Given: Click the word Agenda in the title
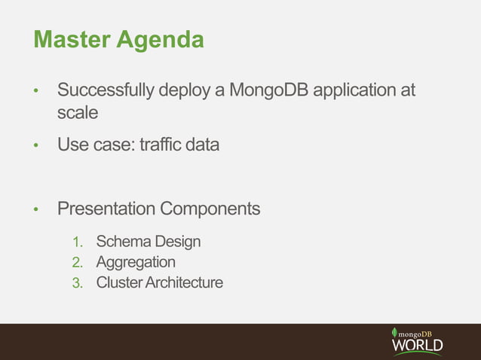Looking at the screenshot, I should click(x=160, y=39).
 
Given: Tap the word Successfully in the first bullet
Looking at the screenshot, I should click(x=106, y=92).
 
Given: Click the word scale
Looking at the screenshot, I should click(x=78, y=113).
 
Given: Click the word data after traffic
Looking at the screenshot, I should click(x=203, y=143).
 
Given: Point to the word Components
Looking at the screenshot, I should click(x=215, y=209).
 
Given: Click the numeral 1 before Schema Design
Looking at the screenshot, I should click(x=77, y=243).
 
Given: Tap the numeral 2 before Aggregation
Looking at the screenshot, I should click(x=77, y=263).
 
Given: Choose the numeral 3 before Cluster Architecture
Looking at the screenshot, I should click(x=77, y=284).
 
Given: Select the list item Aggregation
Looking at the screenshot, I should click(x=136, y=263).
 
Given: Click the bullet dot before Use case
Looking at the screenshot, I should click(x=35, y=145).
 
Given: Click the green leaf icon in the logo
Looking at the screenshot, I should click(x=394, y=332).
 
